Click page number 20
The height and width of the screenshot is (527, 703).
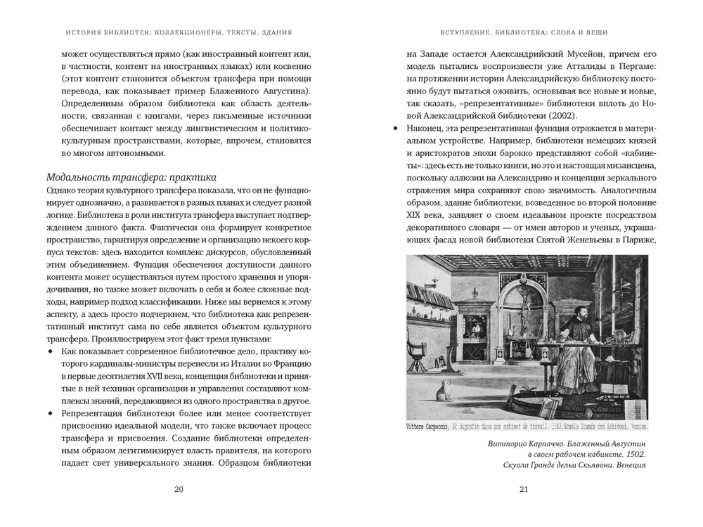(x=179, y=490)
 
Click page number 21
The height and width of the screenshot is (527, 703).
(x=523, y=490)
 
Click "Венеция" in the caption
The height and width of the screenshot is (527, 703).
(x=625, y=469)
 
